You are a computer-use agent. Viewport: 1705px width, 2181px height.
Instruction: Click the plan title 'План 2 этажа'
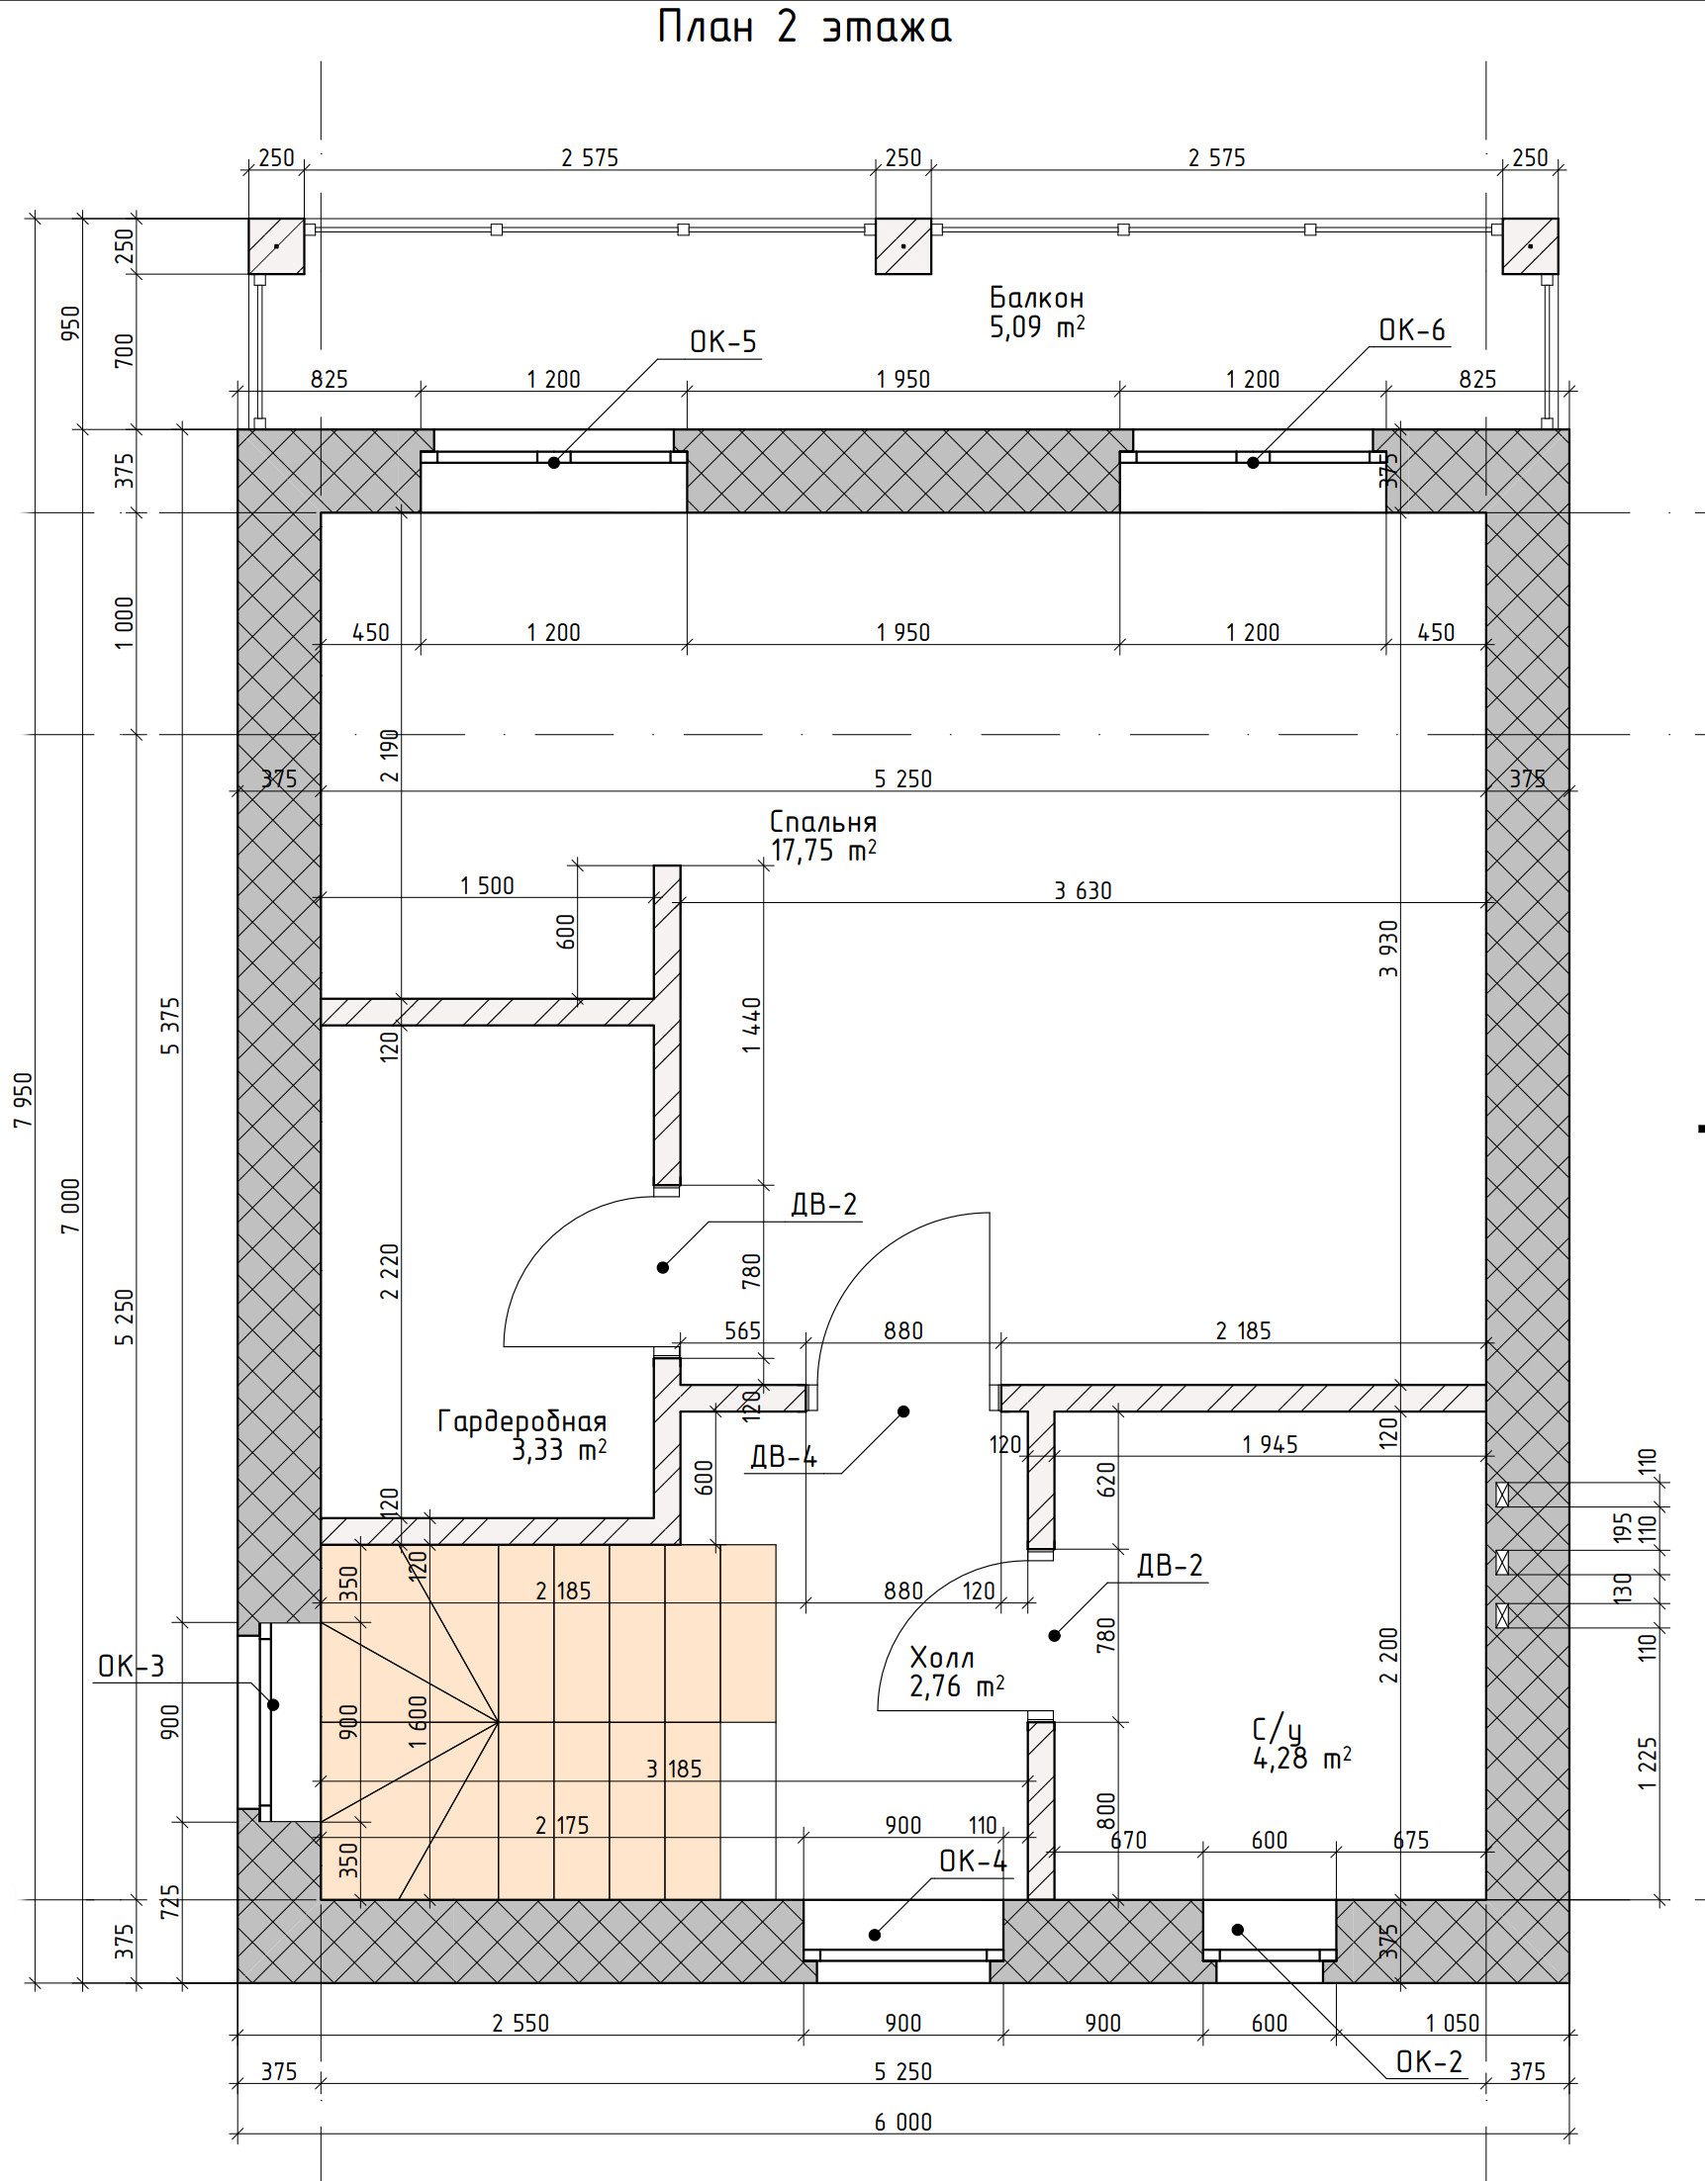pos(805,27)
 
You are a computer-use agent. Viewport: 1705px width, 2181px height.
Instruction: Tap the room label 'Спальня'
pos(823,822)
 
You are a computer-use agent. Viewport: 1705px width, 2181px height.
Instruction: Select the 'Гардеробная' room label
pos(521,1421)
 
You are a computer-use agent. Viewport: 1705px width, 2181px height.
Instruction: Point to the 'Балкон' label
pos(1036,298)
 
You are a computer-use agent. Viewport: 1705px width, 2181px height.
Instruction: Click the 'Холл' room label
pos(942,1659)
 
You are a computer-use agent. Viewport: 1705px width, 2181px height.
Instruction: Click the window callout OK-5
pos(723,341)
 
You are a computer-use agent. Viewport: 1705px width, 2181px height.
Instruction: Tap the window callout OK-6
pos(1411,329)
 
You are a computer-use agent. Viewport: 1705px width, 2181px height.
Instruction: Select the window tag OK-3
pos(131,1667)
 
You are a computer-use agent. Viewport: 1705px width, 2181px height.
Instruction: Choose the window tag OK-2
pos(1428,2062)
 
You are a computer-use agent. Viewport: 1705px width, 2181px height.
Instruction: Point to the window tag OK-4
pos(973,1861)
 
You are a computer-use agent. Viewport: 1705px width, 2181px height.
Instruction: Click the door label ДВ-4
pos(784,1458)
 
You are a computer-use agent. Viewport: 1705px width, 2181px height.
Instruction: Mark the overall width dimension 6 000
pos(902,2122)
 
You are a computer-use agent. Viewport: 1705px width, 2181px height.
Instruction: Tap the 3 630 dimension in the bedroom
pos(1083,890)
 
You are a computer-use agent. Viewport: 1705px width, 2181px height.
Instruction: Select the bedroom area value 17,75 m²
pos(823,851)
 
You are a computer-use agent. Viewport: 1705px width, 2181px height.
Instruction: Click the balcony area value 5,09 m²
pos(1037,326)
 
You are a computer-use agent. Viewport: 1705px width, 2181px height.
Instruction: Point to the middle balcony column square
pos(902,245)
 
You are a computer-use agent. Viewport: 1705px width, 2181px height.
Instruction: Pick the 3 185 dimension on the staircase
pos(674,1770)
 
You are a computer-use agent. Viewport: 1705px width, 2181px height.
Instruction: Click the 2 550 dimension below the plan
pos(521,2023)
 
